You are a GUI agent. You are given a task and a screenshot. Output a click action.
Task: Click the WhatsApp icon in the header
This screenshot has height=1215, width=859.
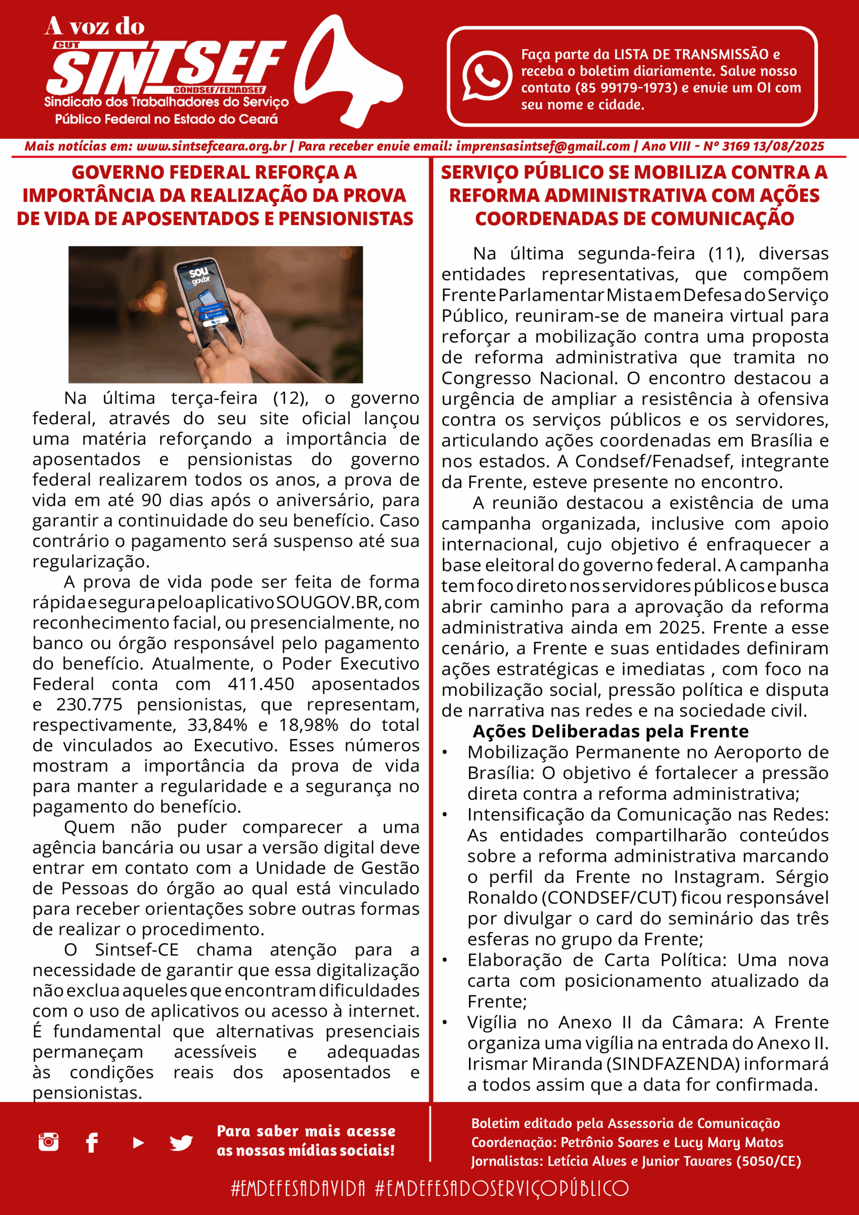click(487, 75)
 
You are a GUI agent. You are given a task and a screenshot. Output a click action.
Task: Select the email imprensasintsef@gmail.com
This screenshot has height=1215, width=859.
click(542, 147)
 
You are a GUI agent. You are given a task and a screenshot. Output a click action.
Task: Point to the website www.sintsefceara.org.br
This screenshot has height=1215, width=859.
click(211, 147)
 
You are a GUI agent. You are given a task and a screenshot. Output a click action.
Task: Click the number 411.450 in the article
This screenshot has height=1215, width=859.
click(261, 684)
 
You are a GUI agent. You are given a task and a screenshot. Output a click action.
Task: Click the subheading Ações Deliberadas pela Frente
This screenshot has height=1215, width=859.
click(610, 731)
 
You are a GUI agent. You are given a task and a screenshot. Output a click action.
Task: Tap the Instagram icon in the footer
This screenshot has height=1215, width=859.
click(49, 1142)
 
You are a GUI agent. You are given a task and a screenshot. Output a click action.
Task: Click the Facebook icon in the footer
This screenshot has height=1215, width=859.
click(92, 1142)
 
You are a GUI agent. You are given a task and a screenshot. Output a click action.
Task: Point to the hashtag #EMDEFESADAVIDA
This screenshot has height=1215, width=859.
click(298, 1188)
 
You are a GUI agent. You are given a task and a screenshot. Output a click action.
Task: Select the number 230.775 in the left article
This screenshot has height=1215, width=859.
click(89, 705)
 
